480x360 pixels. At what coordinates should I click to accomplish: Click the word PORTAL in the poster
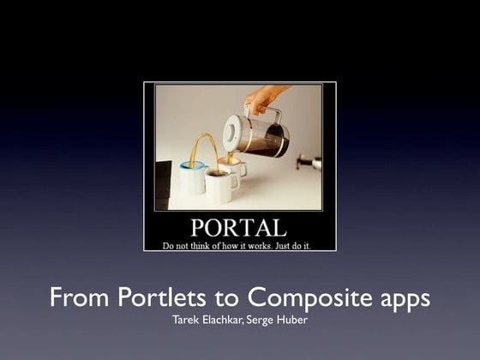[x=239, y=227]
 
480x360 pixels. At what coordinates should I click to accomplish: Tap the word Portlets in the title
[x=162, y=297]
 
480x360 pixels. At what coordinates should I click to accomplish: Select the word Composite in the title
[x=309, y=298]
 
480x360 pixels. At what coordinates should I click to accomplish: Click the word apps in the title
[x=405, y=300]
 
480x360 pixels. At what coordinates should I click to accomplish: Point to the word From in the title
[x=79, y=297]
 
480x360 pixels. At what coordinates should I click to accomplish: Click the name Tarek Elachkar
[x=207, y=320]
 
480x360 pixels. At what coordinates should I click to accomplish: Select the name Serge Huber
[x=277, y=321]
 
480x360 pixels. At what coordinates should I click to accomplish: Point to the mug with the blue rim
[x=192, y=177]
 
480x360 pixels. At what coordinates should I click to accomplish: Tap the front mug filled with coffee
[x=221, y=186]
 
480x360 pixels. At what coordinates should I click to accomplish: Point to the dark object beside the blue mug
[x=163, y=185]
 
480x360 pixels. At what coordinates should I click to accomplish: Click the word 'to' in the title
[x=226, y=298]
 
